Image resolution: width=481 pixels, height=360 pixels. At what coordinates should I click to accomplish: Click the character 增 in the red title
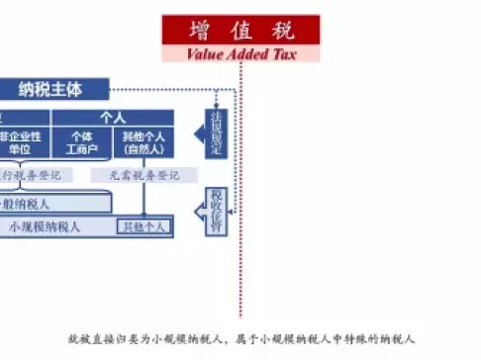coord(197,30)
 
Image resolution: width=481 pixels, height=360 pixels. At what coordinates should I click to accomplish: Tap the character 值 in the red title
coord(242,30)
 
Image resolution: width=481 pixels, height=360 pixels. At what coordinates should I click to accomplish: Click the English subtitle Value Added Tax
coord(241,53)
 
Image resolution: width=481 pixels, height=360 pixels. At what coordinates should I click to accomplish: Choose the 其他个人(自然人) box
coord(144,142)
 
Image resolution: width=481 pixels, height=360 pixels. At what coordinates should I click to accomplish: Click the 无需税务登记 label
coord(137,175)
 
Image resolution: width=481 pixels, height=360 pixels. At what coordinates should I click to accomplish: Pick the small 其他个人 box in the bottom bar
coord(144,226)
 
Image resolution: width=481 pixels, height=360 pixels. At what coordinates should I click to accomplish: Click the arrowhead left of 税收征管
coord(201,209)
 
